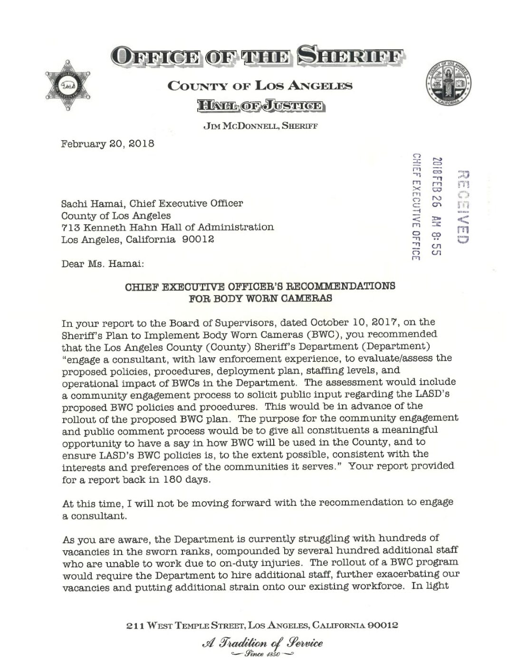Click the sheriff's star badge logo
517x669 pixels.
coord(67,86)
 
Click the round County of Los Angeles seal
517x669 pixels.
coord(448,84)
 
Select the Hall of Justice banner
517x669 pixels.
coord(261,105)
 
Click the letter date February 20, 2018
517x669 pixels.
coord(107,143)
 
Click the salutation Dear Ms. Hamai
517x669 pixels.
coord(103,263)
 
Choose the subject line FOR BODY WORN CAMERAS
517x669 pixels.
coord(260,298)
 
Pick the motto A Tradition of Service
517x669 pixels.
coord(262,643)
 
